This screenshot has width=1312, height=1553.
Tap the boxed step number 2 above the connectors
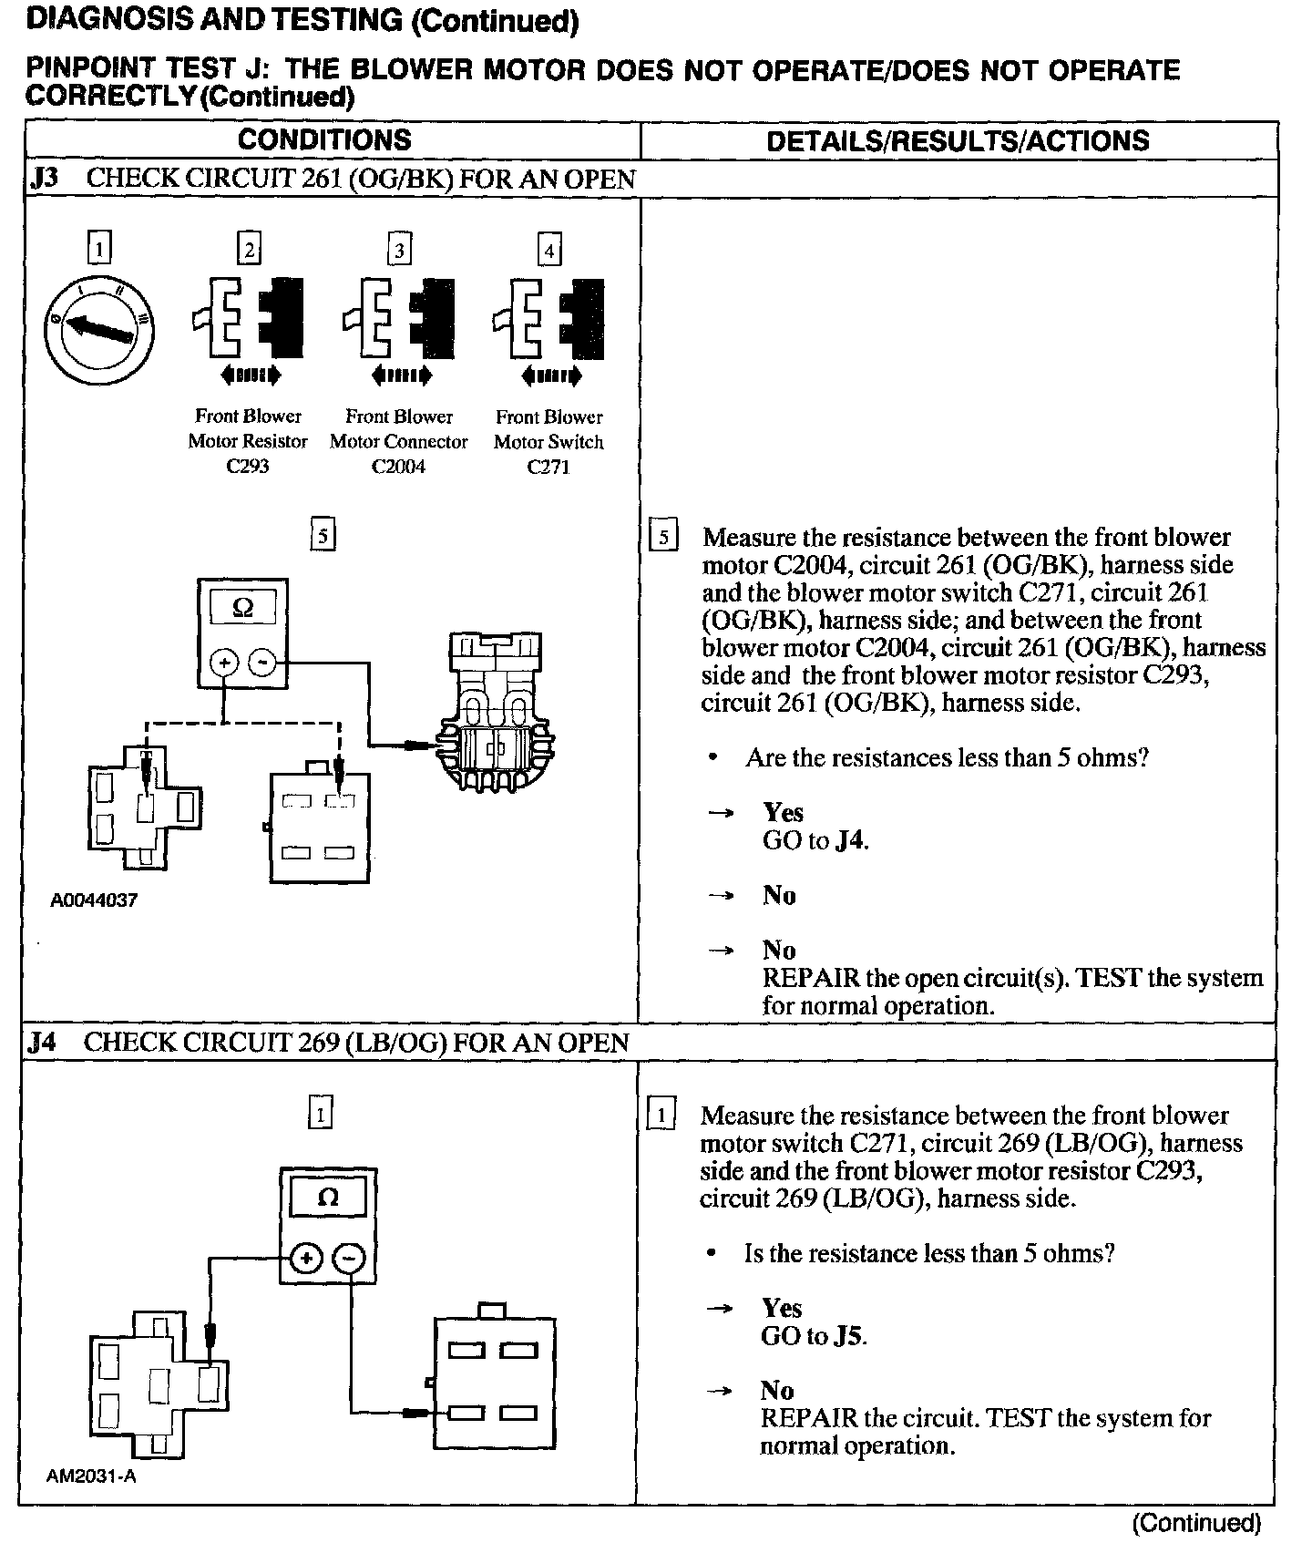(249, 249)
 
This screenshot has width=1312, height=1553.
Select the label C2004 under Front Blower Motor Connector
(398, 467)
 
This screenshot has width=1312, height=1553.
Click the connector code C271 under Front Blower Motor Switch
(548, 467)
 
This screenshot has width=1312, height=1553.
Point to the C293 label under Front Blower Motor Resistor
(248, 467)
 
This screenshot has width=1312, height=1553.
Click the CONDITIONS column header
(324, 140)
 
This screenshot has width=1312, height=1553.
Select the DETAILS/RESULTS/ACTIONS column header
(958, 141)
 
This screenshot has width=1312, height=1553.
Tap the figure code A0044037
(94, 900)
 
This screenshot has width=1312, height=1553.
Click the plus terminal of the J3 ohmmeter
(224, 663)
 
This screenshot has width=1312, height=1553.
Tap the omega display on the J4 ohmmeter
(327, 1198)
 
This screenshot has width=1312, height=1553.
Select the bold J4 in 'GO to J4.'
(848, 840)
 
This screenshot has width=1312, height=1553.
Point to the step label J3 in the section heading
(44, 178)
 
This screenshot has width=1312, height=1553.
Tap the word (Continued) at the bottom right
(1196, 1523)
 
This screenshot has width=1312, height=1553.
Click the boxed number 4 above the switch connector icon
(548, 250)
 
